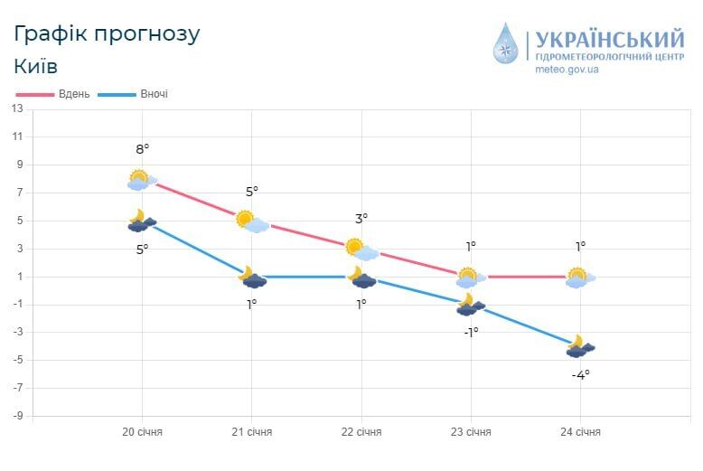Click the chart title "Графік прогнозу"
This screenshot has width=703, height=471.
[107, 34]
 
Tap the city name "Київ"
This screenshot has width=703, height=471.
[36, 66]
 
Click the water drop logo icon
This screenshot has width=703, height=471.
[506, 44]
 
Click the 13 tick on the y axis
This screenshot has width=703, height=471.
[17, 108]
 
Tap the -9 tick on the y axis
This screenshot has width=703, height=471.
[17, 417]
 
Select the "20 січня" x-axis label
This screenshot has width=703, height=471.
[143, 432]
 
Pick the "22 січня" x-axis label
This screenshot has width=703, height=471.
[361, 432]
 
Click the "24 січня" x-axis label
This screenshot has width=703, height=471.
[580, 432]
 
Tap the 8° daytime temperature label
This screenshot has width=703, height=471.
[143, 149]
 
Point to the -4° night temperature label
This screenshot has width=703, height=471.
[580, 374]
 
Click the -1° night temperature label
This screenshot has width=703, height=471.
[471, 332]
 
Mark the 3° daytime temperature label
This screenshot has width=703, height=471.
[361, 219]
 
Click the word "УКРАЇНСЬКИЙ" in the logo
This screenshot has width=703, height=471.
[610, 40]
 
